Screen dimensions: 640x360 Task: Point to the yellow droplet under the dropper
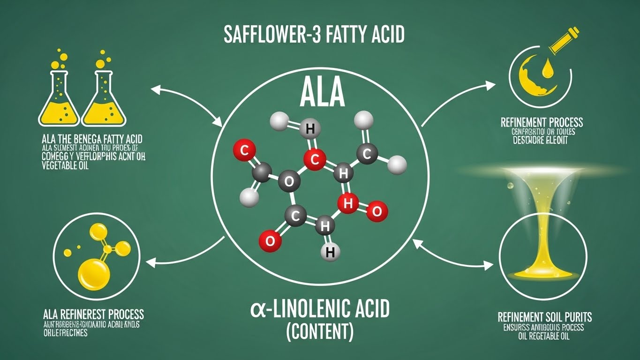[546, 71]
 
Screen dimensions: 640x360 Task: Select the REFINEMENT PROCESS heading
[542, 123]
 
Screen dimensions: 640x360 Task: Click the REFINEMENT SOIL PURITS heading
[544, 317]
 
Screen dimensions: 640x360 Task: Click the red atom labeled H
[347, 203]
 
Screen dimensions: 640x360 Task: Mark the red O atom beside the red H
[376, 211]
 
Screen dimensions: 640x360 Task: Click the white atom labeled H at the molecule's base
[330, 252]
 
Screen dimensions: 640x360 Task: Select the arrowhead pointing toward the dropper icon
[490, 85]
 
